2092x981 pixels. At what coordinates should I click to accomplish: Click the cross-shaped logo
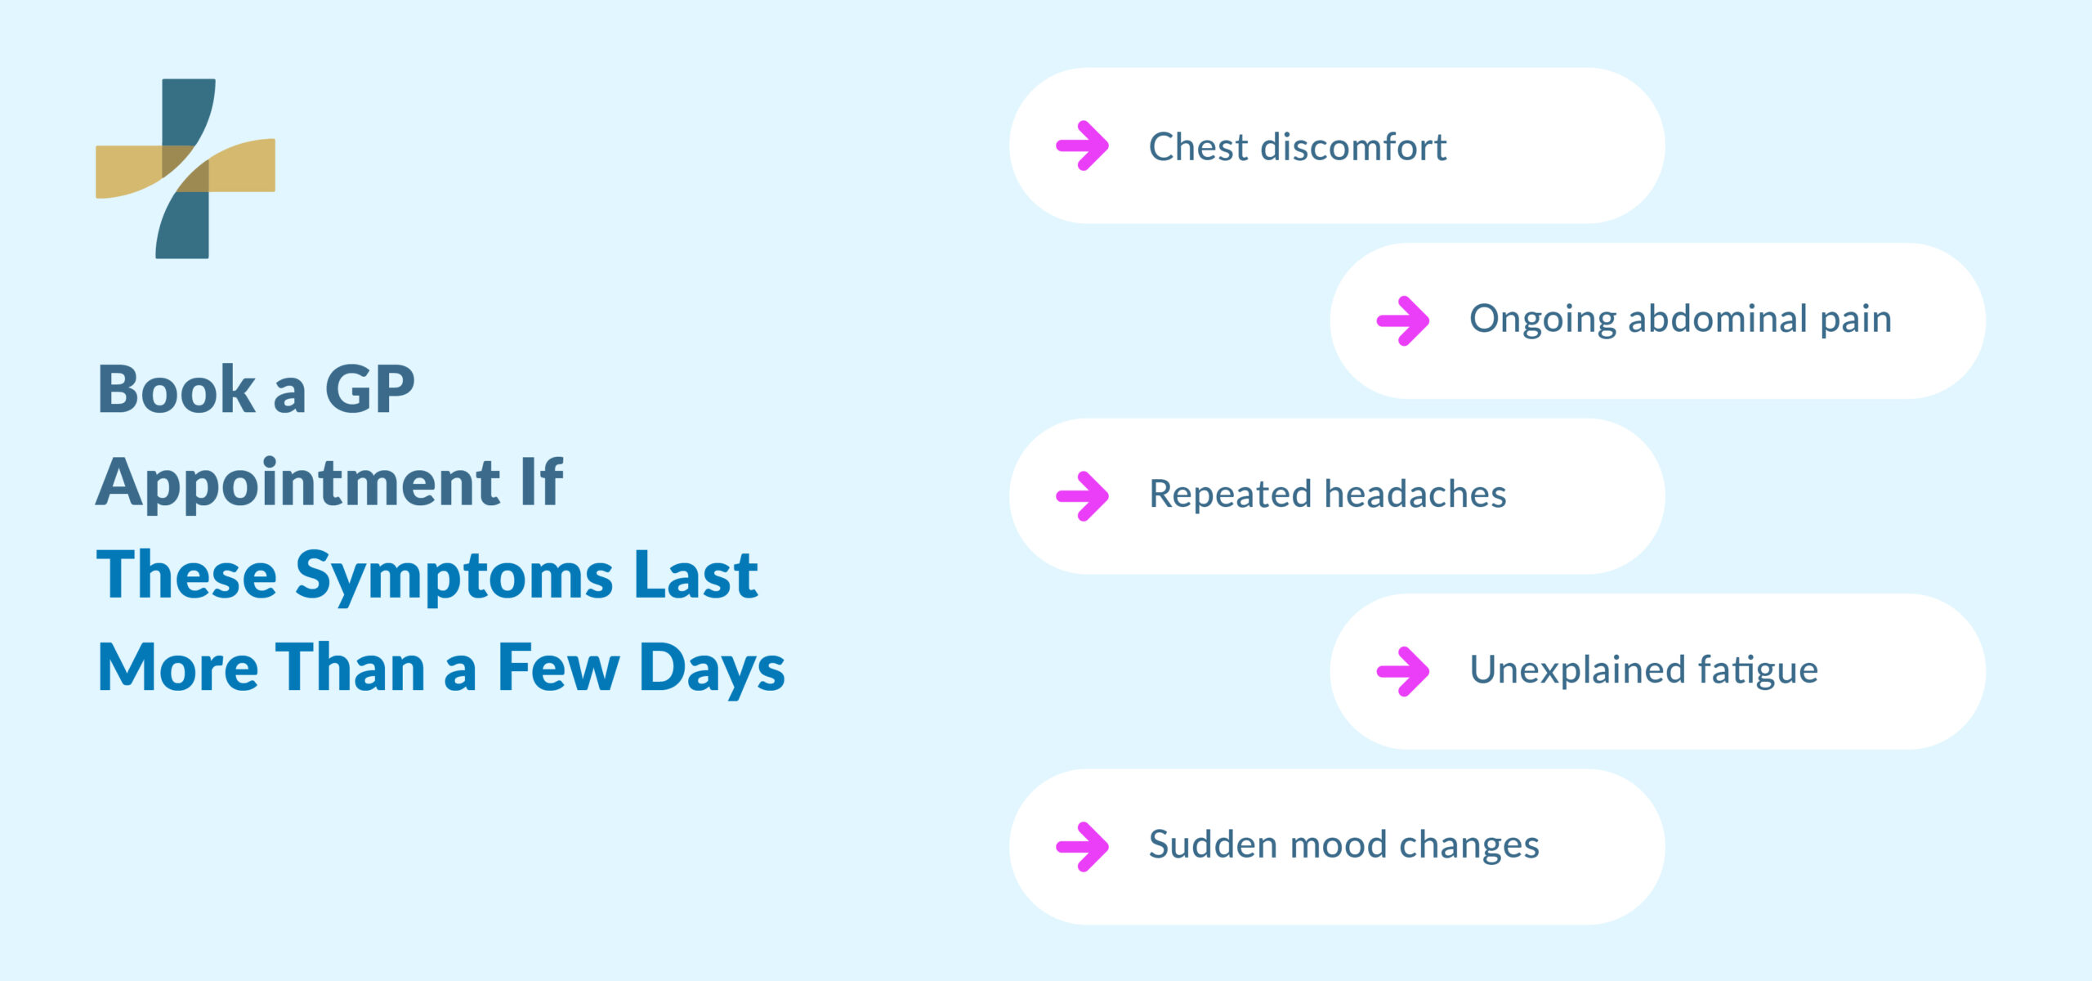tap(186, 168)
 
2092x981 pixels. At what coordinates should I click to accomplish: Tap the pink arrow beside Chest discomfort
tap(1083, 146)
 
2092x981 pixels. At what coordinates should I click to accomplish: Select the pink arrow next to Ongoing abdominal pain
tap(1403, 320)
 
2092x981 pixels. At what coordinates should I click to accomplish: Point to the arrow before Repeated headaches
tap(1083, 495)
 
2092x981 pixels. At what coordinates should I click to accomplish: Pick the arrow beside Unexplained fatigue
tap(1403, 671)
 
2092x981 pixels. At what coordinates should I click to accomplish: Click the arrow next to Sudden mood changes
tap(1083, 846)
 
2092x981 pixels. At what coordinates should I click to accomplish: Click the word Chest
tap(1199, 147)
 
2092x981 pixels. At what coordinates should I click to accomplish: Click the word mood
tap(1338, 844)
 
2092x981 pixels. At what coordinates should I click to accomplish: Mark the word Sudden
tap(1213, 844)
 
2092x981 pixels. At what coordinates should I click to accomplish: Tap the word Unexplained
tap(1577, 670)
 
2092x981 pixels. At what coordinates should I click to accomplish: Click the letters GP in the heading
tap(370, 389)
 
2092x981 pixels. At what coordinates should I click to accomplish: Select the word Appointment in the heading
tap(298, 483)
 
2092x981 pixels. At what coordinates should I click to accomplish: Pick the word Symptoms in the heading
tap(454, 576)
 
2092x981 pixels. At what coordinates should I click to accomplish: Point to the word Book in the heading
tap(177, 389)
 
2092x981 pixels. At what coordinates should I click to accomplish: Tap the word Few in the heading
tap(558, 668)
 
